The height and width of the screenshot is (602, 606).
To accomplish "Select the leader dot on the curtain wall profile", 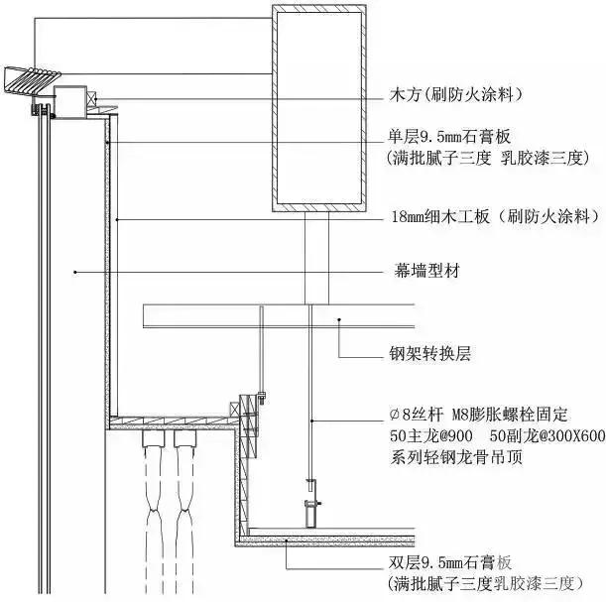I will pos(73,269).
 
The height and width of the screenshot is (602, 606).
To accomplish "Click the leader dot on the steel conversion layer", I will pos(339,318).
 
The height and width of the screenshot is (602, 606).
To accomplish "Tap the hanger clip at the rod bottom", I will pos(309,501).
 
